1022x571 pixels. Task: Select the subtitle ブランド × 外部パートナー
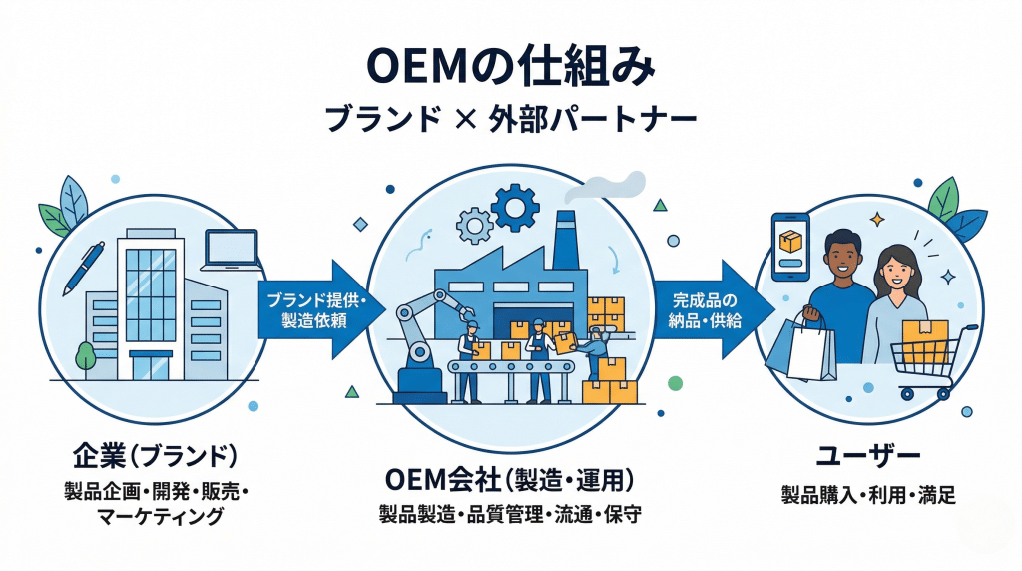[511, 120]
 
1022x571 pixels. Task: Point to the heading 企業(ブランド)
[154, 456]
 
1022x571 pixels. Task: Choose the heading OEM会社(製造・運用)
[511, 480]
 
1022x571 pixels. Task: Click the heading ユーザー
[867, 457]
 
